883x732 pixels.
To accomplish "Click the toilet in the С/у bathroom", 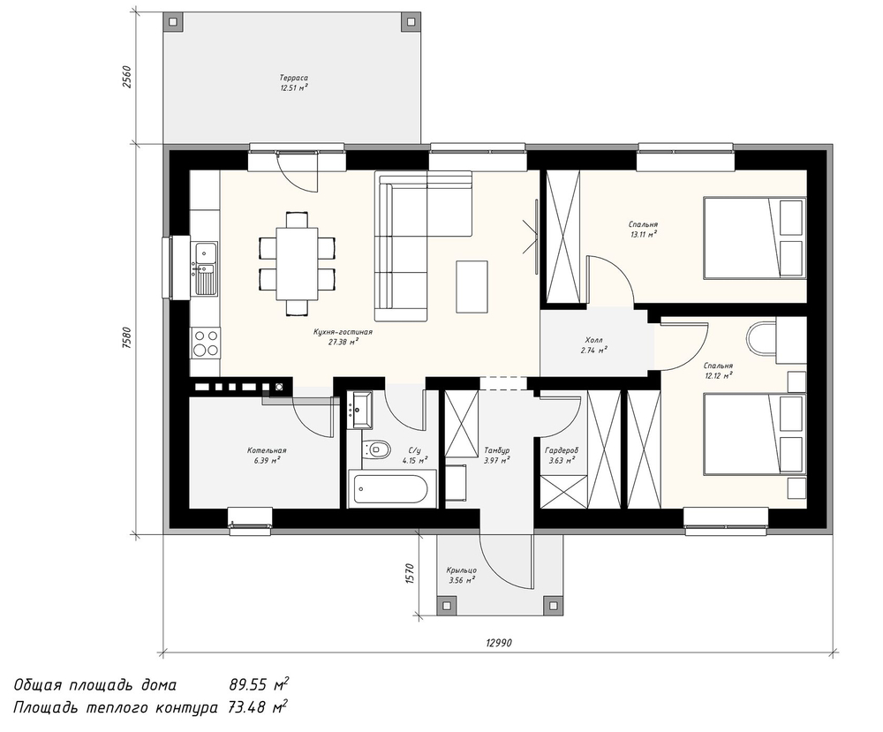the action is tap(377, 449).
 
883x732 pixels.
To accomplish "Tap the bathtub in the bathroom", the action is tap(392, 489).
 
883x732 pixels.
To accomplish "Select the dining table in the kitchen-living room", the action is tap(297, 263).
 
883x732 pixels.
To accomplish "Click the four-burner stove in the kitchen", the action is tap(205, 343).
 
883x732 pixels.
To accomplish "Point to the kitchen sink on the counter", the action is tap(205, 268).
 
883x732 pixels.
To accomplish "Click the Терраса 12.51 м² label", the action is tap(293, 83).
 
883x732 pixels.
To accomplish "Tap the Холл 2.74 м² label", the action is tap(593, 345).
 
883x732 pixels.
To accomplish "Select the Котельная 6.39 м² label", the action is tap(267, 455).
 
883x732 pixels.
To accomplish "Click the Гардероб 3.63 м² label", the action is tap(562, 455).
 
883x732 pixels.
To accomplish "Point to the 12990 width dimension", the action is tap(498, 643).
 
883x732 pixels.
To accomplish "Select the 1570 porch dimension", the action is tap(410, 574).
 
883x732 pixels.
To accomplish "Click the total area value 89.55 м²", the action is tap(259, 684).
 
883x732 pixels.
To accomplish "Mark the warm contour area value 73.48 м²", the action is tap(259, 706).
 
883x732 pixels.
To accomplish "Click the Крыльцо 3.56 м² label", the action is tap(462, 575).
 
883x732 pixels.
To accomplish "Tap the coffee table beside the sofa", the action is tap(472, 286).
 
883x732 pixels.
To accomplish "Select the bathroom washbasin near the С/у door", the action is tap(358, 410).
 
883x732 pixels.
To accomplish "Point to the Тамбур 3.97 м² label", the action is tap(496, 455).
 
